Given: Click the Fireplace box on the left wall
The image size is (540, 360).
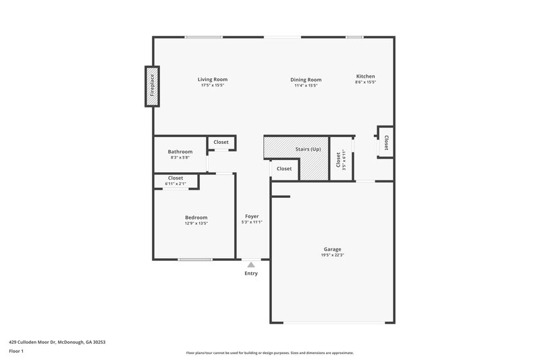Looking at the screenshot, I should [x=152, y=86].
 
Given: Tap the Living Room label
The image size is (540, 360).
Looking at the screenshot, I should [x=212, y=79].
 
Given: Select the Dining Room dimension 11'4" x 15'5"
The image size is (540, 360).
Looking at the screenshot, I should [x=305, y=86].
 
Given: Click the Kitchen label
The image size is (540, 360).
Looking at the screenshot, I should [x=365, y=76].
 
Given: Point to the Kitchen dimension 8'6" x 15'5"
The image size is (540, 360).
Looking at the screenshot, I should [x=365, y=82].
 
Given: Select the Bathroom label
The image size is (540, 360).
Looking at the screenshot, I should [x=180, y=152].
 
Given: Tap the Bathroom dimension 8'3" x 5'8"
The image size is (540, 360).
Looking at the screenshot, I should [x=180, y=158].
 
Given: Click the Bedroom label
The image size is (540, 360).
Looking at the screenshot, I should [x=196, y=217].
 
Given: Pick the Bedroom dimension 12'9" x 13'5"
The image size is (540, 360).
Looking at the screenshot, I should [x=196, y=223].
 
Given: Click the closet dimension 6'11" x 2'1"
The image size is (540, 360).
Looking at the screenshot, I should [x=175, y=184].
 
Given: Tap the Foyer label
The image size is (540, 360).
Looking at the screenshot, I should [x=252, y=216].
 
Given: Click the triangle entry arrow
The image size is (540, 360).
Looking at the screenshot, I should [x=251, y=265].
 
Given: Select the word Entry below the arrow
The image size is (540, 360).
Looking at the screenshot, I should [x=251, y=274].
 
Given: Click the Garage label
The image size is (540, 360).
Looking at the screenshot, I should [x=332, y=249].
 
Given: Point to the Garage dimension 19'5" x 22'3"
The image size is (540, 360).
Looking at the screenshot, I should [x=332, y=255].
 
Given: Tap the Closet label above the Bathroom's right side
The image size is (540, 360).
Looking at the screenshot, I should [x=221, y=143].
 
